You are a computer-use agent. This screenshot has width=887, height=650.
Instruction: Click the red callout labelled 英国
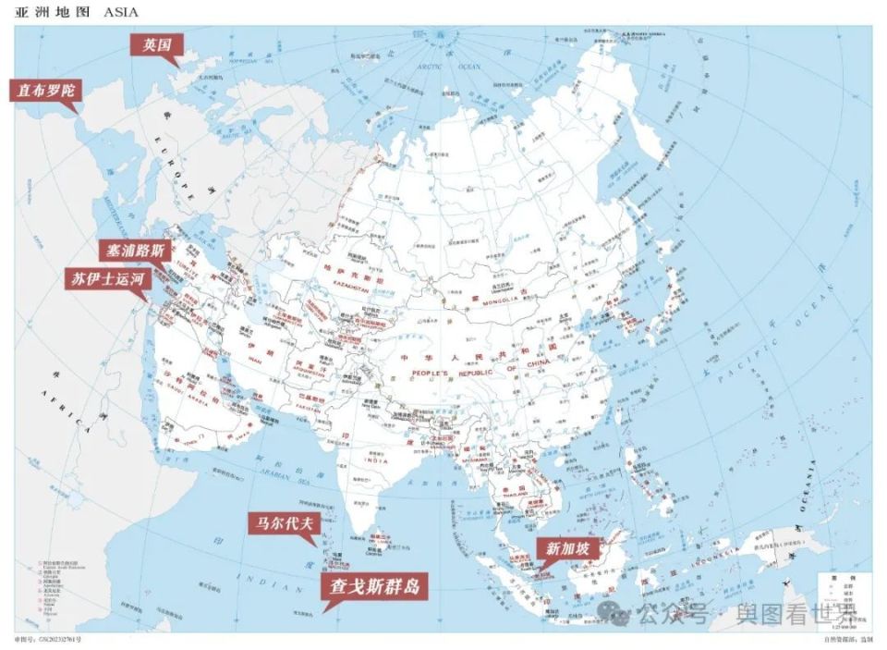[157, 44]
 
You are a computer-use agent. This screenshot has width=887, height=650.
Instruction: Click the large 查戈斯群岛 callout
[374, 585]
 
